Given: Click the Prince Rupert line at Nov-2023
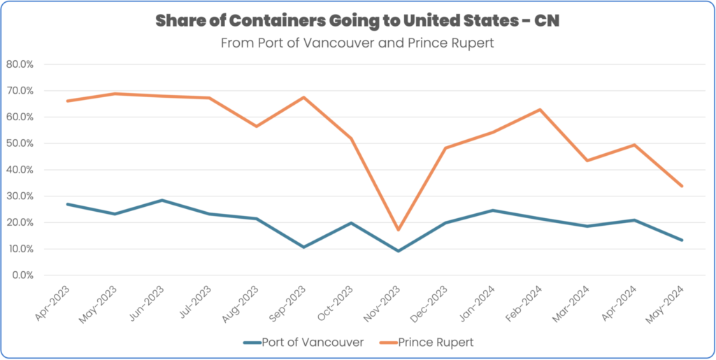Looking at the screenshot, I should (x=399, y=229).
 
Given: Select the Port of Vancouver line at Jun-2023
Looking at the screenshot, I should (x=162, y=200).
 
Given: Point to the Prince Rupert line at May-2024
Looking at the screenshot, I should (x=682, y=186).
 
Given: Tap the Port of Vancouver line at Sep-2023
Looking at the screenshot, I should (x=304, y=247).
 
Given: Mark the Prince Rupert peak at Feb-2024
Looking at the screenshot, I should (x=540, y=110).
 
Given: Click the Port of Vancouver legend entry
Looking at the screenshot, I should (x=305, y=342).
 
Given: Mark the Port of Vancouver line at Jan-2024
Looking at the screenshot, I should (x=493, y=210).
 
